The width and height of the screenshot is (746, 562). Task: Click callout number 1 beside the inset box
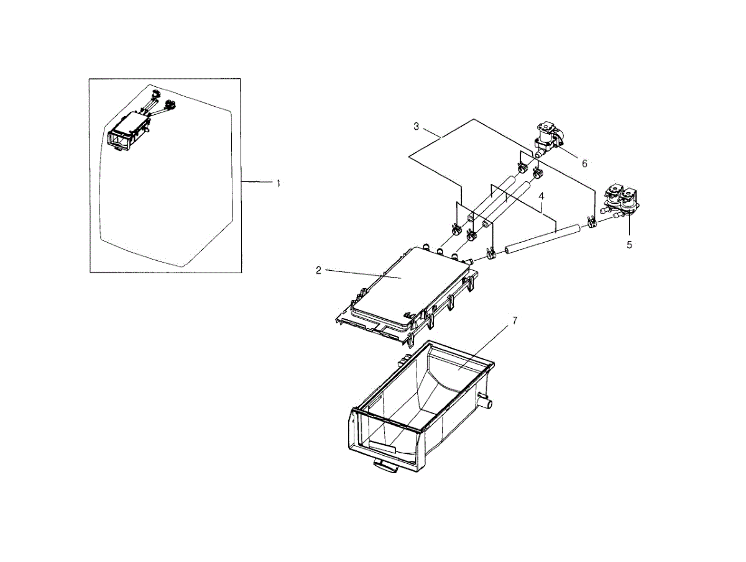click(279, 183)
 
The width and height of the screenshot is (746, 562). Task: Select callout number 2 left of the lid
click(318, 270)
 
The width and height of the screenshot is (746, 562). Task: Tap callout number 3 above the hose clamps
click(417, 127)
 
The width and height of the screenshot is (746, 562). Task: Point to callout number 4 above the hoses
click(541, 196)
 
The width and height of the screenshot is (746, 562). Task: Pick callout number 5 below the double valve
click(629, 245)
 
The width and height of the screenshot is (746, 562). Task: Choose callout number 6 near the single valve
click(584, 163)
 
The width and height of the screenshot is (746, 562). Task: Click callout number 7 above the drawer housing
click(515, 320)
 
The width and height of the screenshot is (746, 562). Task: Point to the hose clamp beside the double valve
click(591, 220)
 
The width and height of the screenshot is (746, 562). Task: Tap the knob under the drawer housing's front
click(386, 466)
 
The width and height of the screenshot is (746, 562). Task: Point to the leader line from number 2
click(361, 274)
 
